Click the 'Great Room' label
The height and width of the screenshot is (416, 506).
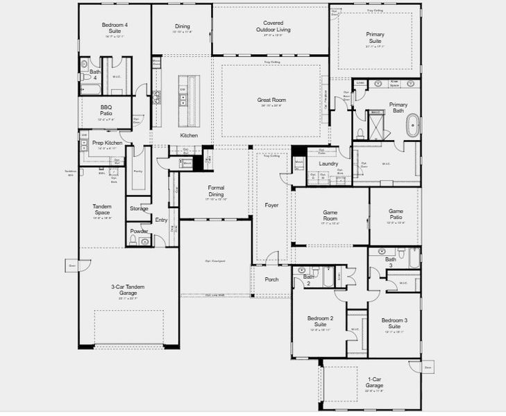click(272, 101)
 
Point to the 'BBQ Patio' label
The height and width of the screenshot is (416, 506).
click(106, 112)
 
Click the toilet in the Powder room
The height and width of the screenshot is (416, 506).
click(144, 241)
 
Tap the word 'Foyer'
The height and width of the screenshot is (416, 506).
click(271, 205)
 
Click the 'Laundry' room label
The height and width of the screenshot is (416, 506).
click(328, 164)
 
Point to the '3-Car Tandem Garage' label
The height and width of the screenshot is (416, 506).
click(123, 290)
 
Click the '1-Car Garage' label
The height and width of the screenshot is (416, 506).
click(374, 383)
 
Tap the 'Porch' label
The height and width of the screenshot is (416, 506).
click(271, 279)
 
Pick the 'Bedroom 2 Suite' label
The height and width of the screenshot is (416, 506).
click(321, 322)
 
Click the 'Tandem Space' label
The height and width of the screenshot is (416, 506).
click(102, 209)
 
